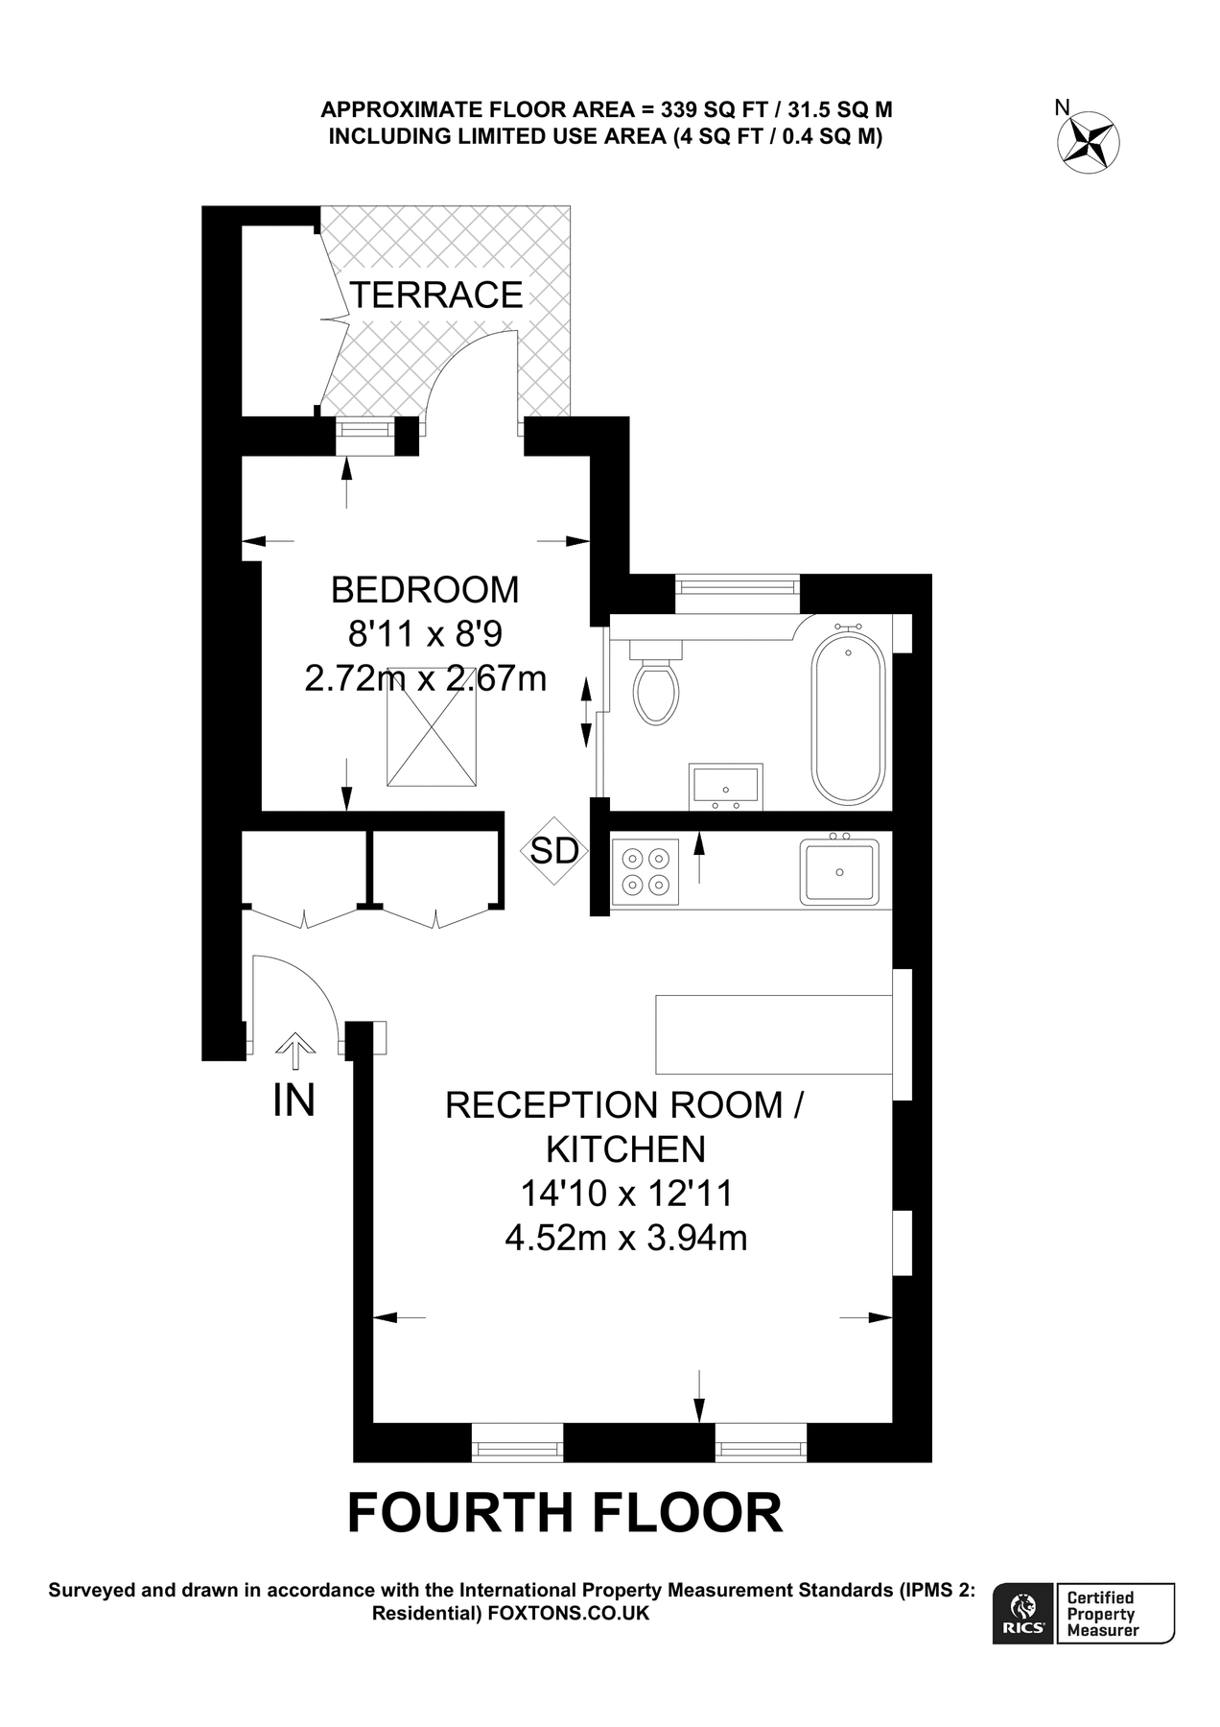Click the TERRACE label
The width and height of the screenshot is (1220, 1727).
click(436, 295)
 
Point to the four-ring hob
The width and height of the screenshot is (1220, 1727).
click(645, 871)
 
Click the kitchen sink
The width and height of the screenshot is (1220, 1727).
click(840, 871)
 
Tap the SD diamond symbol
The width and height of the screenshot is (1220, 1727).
click(554, 850)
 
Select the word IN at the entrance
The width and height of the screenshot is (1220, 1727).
click(293, 1100)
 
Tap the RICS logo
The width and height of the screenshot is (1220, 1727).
click(1024, 1614)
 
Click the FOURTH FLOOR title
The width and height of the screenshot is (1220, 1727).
click(564, 1513)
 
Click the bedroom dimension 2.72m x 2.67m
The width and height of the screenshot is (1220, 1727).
click(425, 678)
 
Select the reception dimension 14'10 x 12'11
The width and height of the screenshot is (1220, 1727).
click(626, 1194)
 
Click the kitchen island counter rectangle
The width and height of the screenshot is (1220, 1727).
click(774, 1033)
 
